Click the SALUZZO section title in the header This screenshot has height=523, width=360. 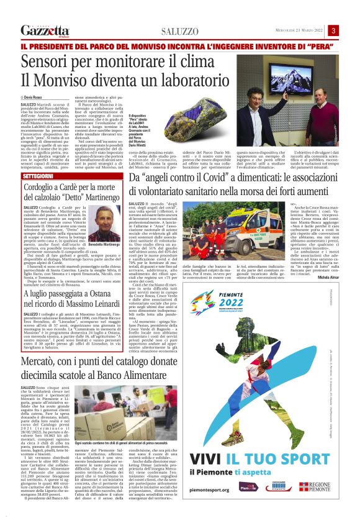point(179,32)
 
